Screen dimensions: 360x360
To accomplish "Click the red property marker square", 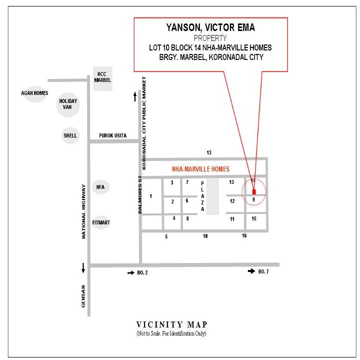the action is point(254,192).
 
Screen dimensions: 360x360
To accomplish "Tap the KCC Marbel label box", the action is point(102,79).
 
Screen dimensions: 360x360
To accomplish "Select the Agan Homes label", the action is point(34,93).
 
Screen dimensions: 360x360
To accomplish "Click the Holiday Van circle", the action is point(68,104).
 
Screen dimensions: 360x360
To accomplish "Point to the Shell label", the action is point(70,135).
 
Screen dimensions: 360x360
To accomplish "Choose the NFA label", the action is point(100,187).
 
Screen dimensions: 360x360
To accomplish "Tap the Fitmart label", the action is point(101,222).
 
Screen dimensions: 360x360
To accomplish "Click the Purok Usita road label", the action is point(112,135).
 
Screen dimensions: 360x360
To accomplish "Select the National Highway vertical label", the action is point(83,211).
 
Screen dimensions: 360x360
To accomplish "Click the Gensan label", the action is point(83,296).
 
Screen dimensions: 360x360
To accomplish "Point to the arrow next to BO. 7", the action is point(251,271).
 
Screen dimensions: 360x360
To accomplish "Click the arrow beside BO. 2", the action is point(131,273).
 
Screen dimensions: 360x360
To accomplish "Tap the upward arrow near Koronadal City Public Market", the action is point(135,96).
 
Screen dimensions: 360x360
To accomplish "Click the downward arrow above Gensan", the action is point(83,268).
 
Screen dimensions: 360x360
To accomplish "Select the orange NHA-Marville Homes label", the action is point(200,169).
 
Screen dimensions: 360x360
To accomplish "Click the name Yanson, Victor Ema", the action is point(210,27).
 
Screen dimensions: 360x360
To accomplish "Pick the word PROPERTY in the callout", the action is point(210,38).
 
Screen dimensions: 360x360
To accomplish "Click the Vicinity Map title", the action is point(171,324).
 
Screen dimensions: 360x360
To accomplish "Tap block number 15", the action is point(254,218).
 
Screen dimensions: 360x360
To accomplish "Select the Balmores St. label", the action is point(140,194).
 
